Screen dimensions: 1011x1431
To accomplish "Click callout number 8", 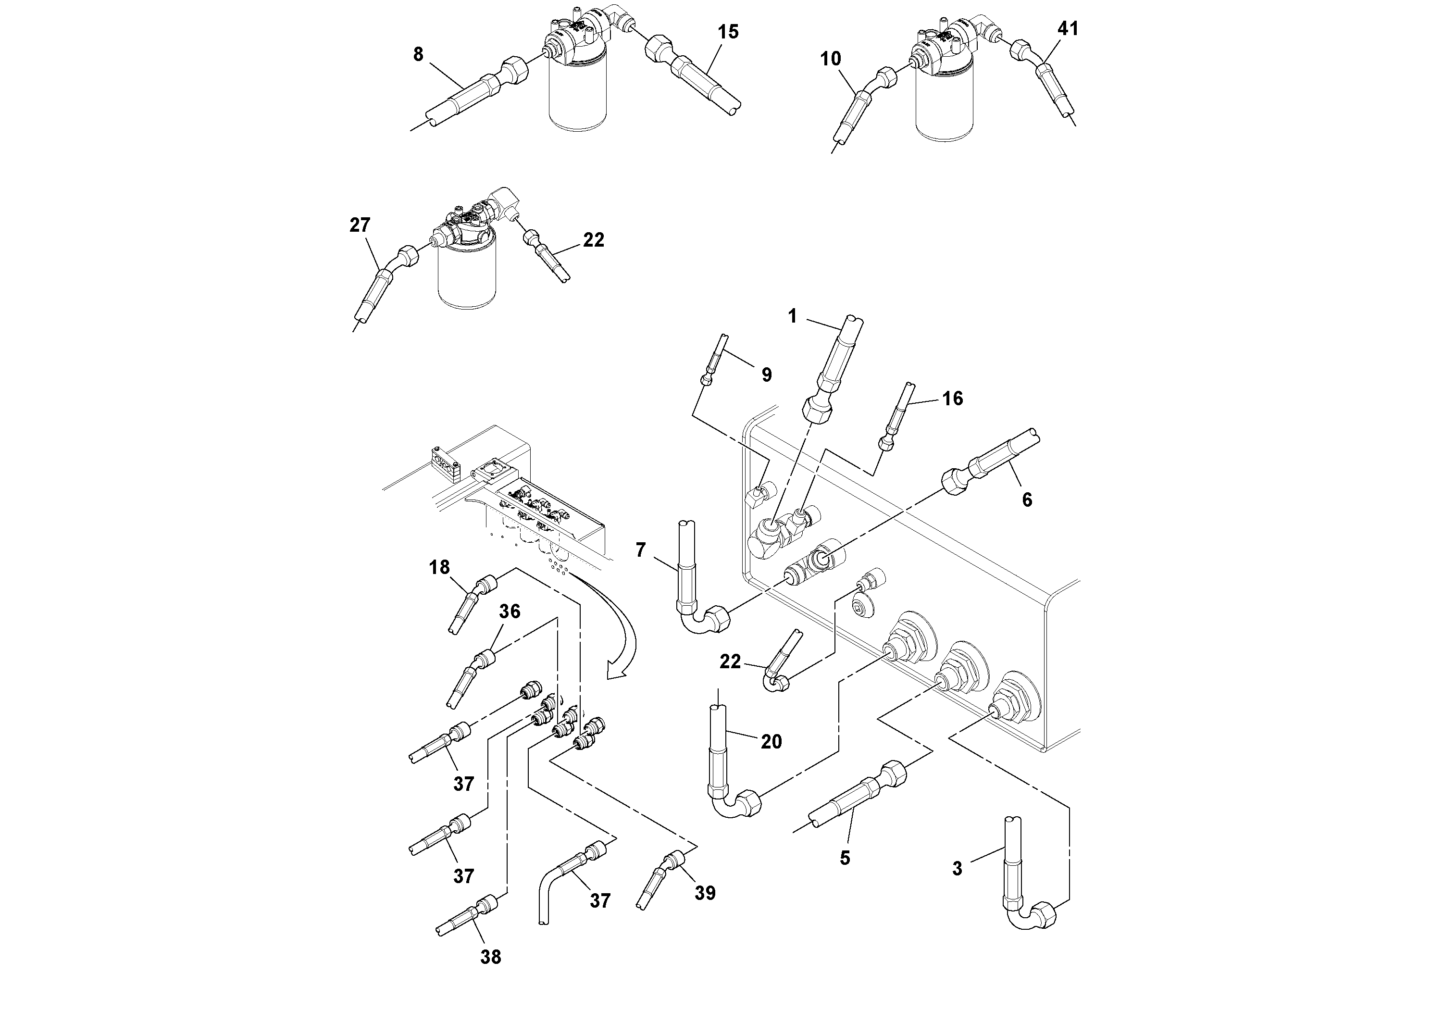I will (x=418, y=55).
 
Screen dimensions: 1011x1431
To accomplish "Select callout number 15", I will (x=728, y=32).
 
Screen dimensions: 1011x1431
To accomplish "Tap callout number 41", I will (x=1068, y=29).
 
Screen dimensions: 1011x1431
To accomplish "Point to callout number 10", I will (x=830, y=59).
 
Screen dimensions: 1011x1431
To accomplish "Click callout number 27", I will (x=360, y=225).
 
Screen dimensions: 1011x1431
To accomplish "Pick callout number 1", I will (x=792, y=317).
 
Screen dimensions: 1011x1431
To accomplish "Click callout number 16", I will (x=952, y=398).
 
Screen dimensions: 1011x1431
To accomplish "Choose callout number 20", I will (x=771, y=741).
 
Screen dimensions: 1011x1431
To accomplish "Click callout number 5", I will (x=845, y=858).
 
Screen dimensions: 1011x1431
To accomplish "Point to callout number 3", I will (x=958, y=868).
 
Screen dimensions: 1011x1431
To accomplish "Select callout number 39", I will (x=705, y=893).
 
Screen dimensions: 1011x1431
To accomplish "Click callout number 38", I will (x=490, y=957).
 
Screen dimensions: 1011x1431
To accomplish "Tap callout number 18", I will (x=439, y=567).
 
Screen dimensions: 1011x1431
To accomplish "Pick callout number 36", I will (x=509, y=612).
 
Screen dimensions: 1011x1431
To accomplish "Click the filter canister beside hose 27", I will (x=467, y=274).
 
